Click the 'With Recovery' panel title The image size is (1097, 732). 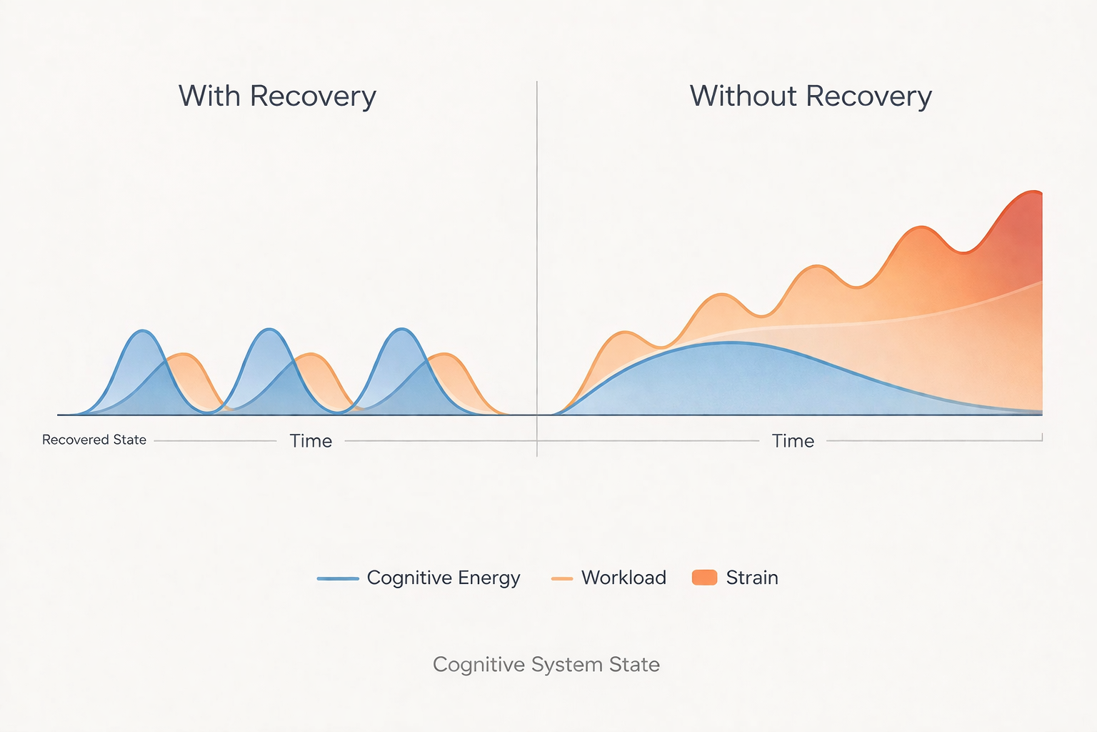coord(277,97)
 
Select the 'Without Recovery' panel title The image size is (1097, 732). coord(811,97)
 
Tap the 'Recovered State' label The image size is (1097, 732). coord(94,440)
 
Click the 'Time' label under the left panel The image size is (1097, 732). coord(311,441)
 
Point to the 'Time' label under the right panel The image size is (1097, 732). coord(793,441)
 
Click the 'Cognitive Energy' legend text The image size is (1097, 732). coord(443,578)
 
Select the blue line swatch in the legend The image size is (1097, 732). coord(338,578)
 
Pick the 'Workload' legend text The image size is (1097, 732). coord(623,578)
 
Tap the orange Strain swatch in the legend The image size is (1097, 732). coord(704,578)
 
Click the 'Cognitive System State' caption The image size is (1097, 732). coord(546,665)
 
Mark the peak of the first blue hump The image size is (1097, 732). coord(144,331)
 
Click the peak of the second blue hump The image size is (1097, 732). coord(269,330)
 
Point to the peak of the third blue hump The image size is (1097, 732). coord(403,329)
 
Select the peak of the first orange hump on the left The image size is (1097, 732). coord(184,354)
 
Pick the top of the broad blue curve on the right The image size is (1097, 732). coord(730,342)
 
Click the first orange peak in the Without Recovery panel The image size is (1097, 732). coord(626,332)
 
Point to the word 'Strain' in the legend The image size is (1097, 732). coord(752,578)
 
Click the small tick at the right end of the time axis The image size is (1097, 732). coord(1042,437)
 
